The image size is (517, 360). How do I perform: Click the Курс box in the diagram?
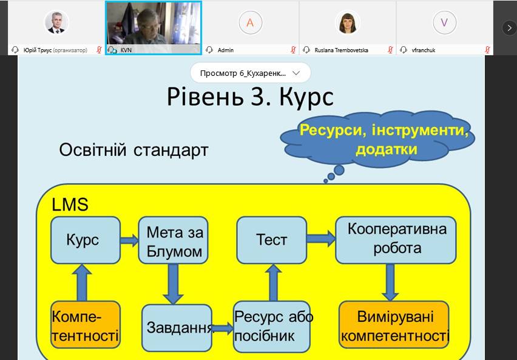coord(82,240)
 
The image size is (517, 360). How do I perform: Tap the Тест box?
coord(271,240)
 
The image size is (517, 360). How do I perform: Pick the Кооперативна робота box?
coord(396,240)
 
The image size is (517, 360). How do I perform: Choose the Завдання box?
coord(177,328)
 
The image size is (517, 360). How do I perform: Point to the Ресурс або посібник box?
coord(272,327)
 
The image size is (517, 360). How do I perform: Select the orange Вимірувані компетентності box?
coord(394,325)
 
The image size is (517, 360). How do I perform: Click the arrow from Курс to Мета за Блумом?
coord(128,240)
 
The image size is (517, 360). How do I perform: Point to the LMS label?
coord(70,204)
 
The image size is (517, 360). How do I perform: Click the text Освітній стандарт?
coord(133,150)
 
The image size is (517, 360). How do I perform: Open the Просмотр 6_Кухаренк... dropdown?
coord(250,73)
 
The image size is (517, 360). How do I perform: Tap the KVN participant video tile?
coord(153,27)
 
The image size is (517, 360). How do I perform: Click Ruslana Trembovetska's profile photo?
coord(348,22)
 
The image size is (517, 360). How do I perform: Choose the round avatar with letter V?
coord(444,22)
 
